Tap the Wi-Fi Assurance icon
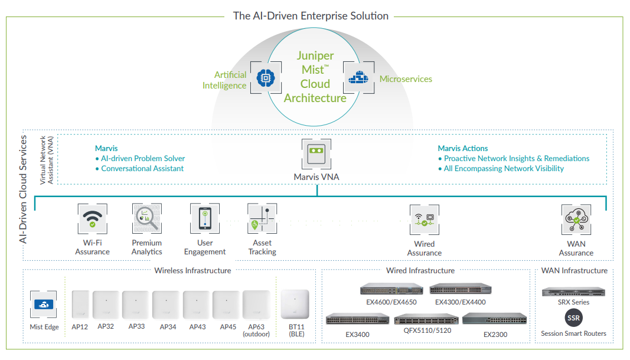[92, 219]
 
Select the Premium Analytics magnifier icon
[146, 219]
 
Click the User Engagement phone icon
[205, 219]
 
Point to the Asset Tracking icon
[262, 219]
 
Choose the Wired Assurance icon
[424, 220]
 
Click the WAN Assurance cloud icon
[576, 220]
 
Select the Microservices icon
[358, 77]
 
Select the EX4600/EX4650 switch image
[391, 289]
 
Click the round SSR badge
[573, 318]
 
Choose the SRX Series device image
[573, 292]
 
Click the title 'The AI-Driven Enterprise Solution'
[311, 16]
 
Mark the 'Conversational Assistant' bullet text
[142, 168]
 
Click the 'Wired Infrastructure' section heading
[420, 270]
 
